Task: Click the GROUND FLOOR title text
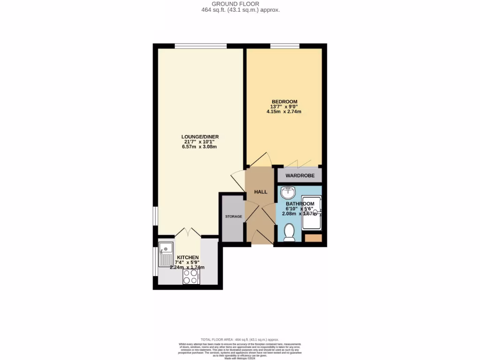(240, 4)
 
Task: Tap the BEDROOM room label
(284, 102)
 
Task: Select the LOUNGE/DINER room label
(200, 137)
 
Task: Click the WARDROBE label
(300, 176)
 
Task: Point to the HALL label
(261, 192)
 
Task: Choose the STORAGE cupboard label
(233, 217)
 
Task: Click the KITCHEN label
(187, 258)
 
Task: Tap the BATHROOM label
(300, 204)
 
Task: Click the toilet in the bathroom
(289, 232)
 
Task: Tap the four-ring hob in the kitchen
(191, 277)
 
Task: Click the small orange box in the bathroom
(313, 238)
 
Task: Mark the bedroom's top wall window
(285, 46)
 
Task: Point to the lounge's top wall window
(201, 46)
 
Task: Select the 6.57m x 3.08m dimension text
(200, 147)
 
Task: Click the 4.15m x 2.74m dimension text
(284, 112)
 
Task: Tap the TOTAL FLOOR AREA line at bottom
(240, 339)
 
